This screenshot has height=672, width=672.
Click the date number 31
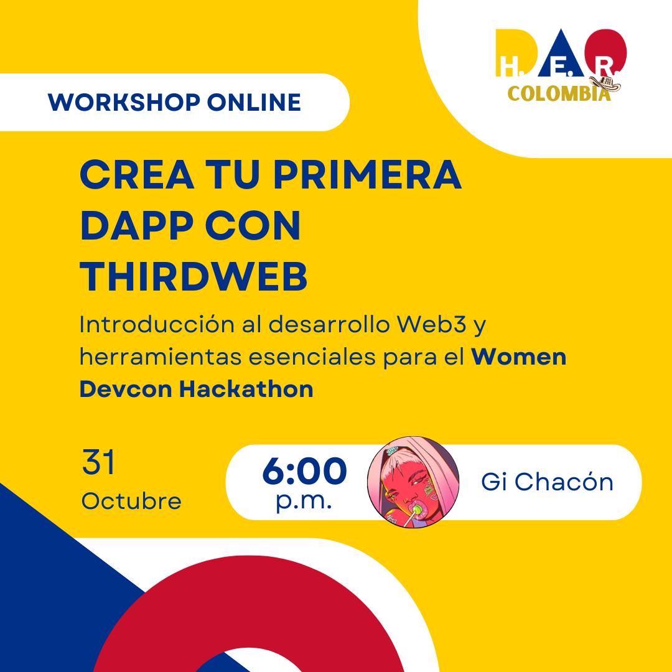98,464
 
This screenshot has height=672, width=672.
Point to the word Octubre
131,501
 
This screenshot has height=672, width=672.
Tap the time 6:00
304,472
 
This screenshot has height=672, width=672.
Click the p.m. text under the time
304,502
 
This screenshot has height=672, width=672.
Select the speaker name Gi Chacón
547,482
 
